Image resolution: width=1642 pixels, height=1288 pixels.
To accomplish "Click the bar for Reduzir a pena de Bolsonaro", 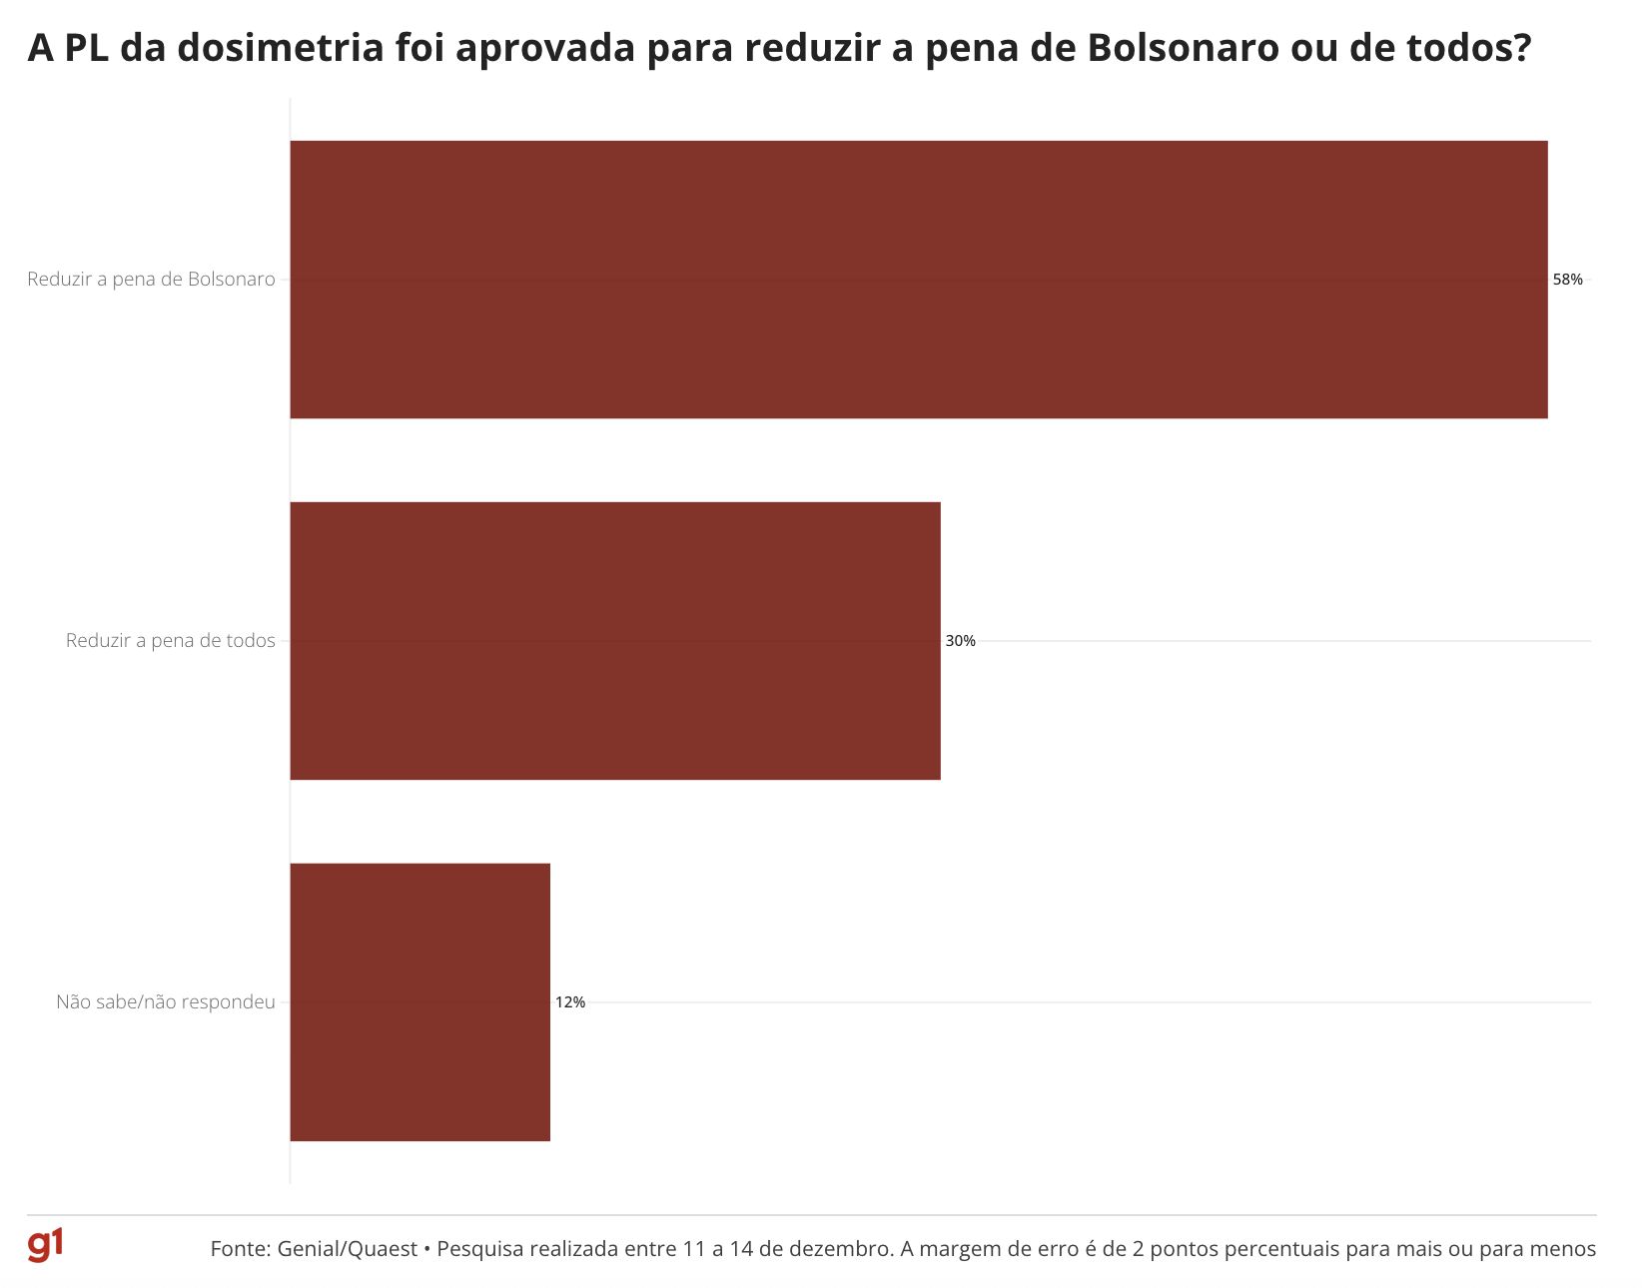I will tap(919, 280).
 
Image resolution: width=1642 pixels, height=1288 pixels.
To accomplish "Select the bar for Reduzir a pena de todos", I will tap(615, 641).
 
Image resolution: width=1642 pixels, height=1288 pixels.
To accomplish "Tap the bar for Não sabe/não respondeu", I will tap(419, 1002).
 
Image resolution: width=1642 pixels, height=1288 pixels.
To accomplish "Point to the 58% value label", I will tap(1567, 280).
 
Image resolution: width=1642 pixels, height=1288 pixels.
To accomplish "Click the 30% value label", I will tap(960, 641).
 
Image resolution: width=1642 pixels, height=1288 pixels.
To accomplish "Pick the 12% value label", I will tap(570, 1002).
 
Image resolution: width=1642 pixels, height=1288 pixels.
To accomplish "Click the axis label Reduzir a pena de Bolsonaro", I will tap(151, 280).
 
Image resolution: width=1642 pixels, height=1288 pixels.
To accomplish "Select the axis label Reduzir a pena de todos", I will tap(170, 641).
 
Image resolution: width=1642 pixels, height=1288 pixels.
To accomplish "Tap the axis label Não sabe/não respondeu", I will tap(165, 1002).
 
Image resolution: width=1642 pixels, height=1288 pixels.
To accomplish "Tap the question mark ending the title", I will tap(1521, 48).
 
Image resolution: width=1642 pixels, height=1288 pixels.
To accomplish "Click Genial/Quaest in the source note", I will tap(347, 1249).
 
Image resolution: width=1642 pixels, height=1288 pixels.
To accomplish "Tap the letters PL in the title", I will tap(87, 48).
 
